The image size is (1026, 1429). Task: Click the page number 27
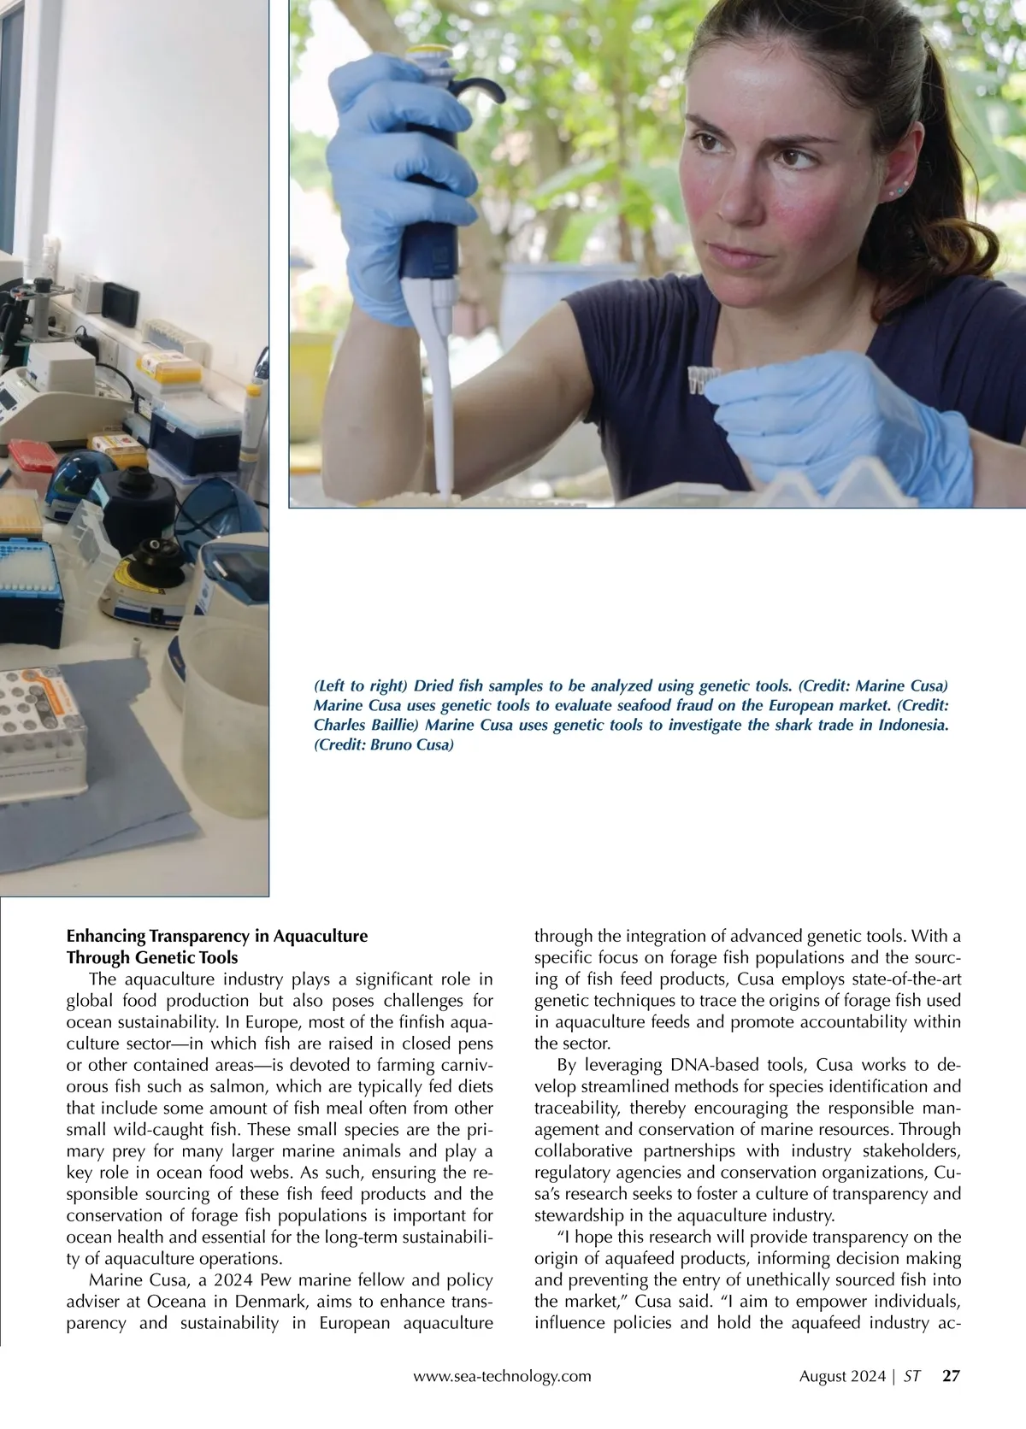coord(951,1376)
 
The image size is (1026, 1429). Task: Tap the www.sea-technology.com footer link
coord(502,1376)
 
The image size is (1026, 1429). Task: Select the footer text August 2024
coord(842,1376)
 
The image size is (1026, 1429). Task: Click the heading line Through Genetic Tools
coord(152,957)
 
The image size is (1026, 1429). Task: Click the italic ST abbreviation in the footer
coord(911,1376)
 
